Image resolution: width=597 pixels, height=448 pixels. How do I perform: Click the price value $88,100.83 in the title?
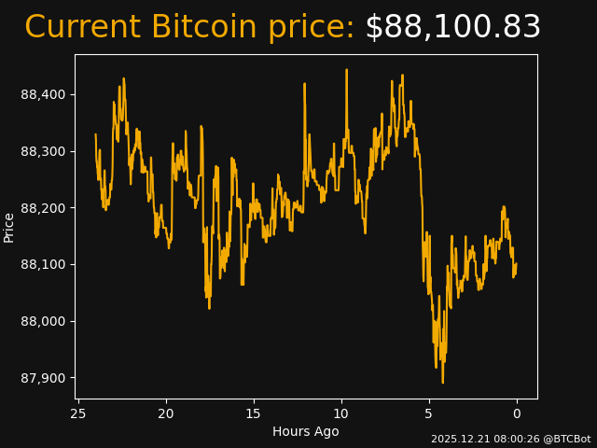[x=452, y=28]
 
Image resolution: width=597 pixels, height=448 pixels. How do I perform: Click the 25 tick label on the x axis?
[x=78, y=413]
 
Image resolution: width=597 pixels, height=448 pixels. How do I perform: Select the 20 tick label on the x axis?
[x=166, y=413]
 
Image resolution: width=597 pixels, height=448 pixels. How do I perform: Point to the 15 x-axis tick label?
[x=254, y=413]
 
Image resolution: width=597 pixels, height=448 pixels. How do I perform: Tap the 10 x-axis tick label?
[x=341, y=413]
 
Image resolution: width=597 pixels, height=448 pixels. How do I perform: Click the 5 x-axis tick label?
[x=429, y=413]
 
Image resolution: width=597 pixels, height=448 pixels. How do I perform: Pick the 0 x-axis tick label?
[x=517, y=413]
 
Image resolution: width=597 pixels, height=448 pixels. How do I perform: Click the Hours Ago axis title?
[x=306, y=431]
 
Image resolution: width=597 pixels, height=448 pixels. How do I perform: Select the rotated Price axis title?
[x=9, y=227]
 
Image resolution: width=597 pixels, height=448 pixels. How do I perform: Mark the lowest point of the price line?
[x=442, y=383]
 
